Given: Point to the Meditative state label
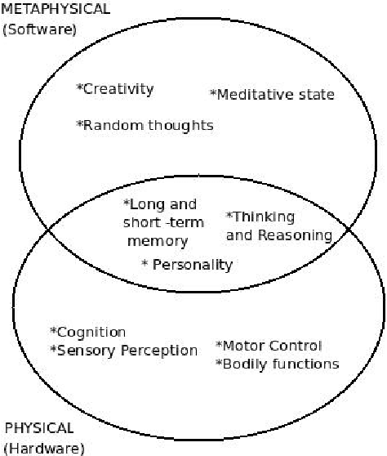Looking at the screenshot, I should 273,95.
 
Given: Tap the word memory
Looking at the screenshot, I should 158,241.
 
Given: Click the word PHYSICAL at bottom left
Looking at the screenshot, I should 39,428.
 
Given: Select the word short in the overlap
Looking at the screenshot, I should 142,223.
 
